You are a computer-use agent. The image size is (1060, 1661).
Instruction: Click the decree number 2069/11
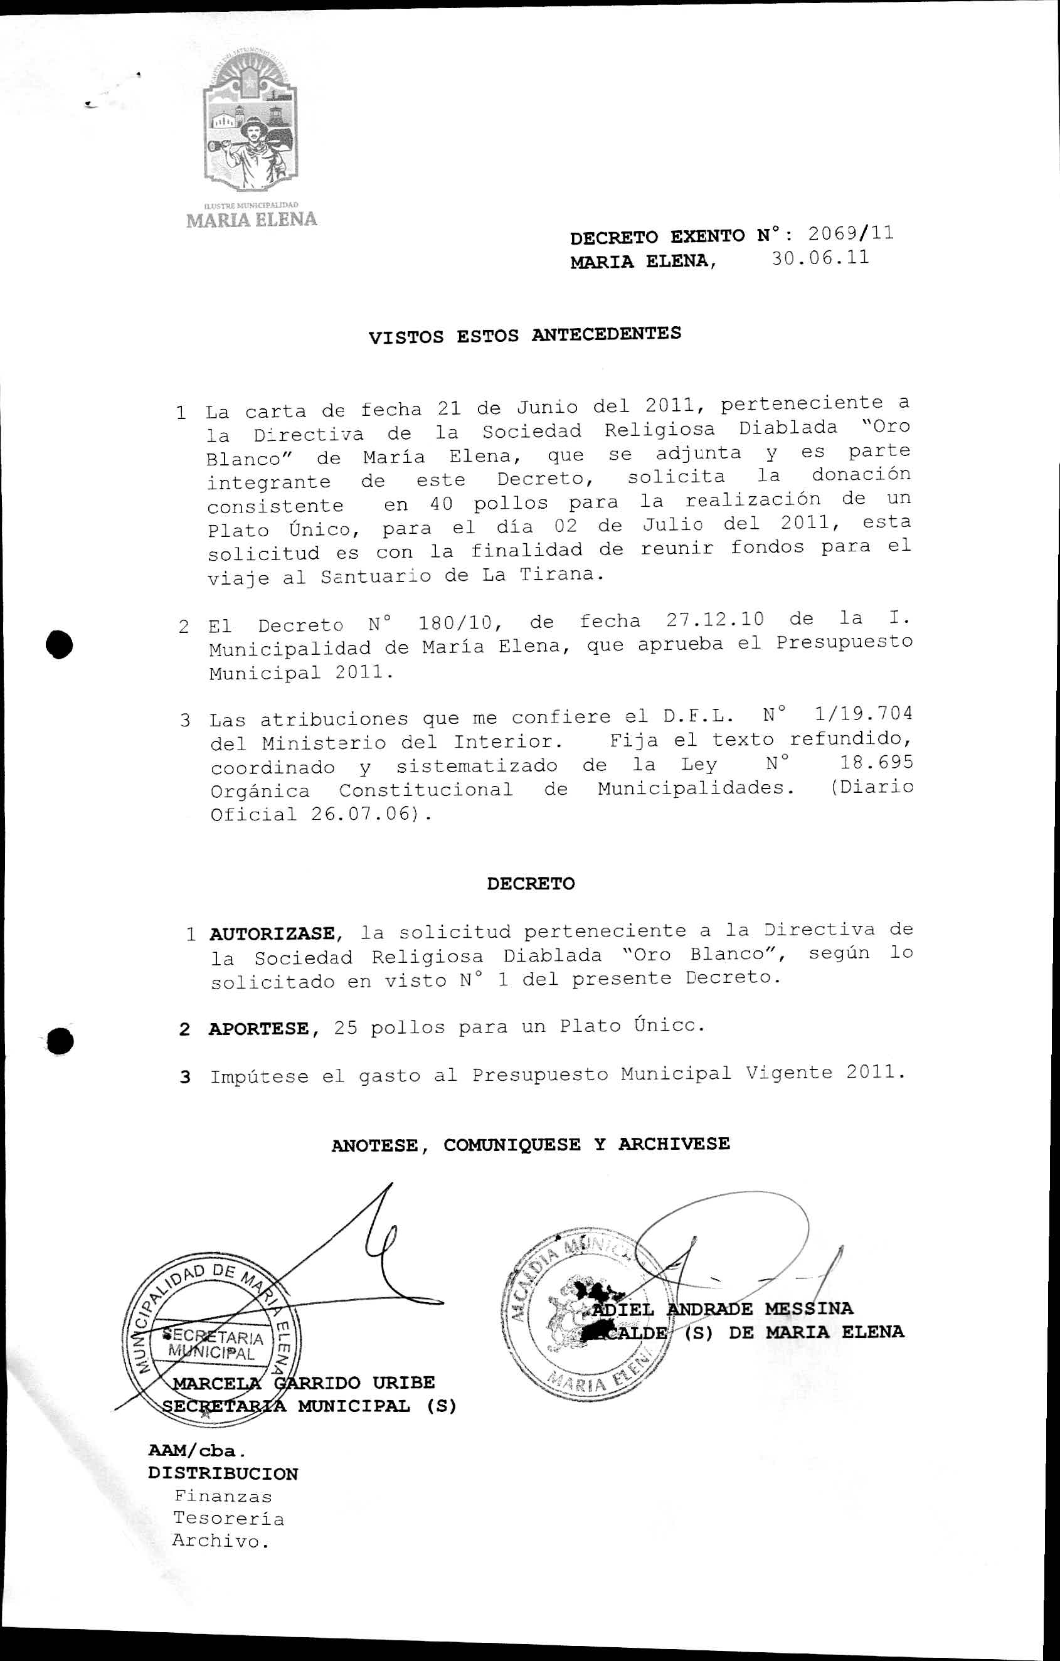[851, 233]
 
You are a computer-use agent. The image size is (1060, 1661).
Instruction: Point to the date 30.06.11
[819, 258]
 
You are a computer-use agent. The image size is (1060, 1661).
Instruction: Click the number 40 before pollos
[442, 504]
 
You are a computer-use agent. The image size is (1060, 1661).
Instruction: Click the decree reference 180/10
[458, 622]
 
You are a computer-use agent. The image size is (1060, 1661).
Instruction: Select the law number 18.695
[876, 762]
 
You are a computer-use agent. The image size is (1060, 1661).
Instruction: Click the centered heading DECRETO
[531, 884]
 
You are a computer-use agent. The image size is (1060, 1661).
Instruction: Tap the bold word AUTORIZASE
[272, 934]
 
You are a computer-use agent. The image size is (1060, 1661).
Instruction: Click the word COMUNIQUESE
[512, 1144]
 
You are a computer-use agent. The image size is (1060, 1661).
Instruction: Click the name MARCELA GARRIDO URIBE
[304, 1382]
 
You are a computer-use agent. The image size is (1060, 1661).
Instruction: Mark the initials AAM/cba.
[196, 1451]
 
